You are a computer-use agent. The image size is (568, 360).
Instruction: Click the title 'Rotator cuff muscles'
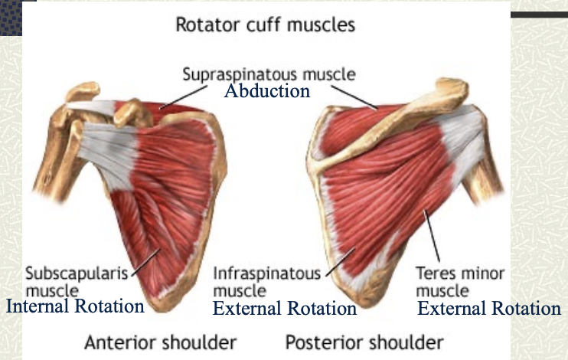pyautogui.click(x=266, y=25)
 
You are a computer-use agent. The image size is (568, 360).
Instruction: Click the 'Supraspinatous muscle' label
pyautogui.click(x=269, y=74)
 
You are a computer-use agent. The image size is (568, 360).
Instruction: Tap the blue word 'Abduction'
pyautogui.click(x=266, y=91)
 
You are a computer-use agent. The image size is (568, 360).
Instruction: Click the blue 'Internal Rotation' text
pyautogui.click(x=75, y=307)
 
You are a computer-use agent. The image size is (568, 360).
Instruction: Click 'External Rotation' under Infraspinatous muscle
pyautogui.click(x=284, y=309)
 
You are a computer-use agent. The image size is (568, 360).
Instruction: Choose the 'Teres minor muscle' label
pyautogui.click(x=460, y=280)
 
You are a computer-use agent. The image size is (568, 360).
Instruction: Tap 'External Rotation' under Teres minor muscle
pyautogui.click(x=488, y=309)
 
